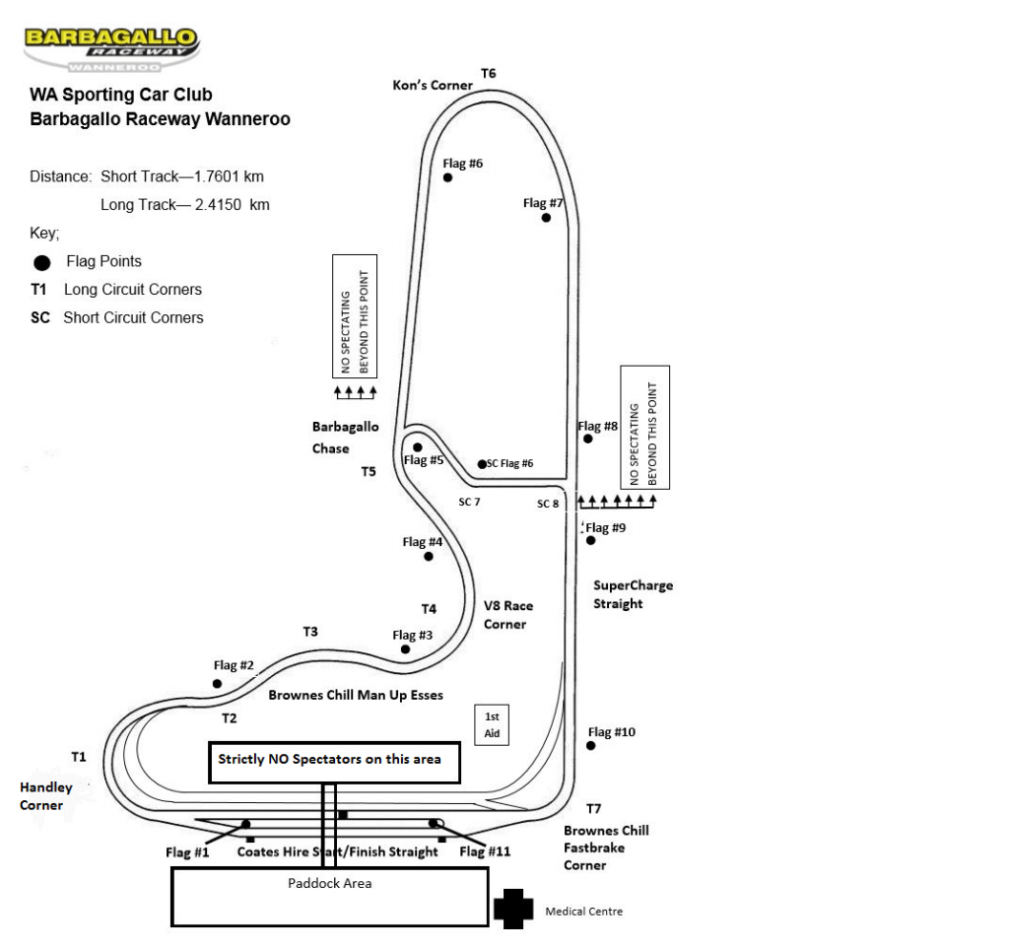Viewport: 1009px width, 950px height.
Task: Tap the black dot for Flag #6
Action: click(447, 177)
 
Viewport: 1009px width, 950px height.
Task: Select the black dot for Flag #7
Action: click(546, 217)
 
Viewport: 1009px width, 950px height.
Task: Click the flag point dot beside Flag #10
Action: click(591, 745)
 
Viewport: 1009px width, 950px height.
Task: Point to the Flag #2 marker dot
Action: click(218, 683)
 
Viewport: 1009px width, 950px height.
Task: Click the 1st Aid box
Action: click(493, 725)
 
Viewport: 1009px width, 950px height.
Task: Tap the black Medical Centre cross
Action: click(513, 910)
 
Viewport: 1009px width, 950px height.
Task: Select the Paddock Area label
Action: click(329, 883)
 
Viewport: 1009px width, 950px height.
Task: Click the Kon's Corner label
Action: click(433, 85)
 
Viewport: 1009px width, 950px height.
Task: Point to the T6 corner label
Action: click(488, 73)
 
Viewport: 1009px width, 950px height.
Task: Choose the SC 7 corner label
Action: click(469, 502)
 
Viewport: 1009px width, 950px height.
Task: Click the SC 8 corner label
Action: click(548, 504)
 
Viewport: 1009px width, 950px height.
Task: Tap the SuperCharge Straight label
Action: click(633, 594)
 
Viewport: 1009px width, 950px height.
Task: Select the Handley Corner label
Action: click(45, 796)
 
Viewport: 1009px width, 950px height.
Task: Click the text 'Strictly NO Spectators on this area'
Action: click(329, 759)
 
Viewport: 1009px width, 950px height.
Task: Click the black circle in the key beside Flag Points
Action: click(41, 263)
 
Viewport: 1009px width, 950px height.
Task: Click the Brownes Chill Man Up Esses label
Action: click(356, 695)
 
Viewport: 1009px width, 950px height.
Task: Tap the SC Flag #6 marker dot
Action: click(482, 464)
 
